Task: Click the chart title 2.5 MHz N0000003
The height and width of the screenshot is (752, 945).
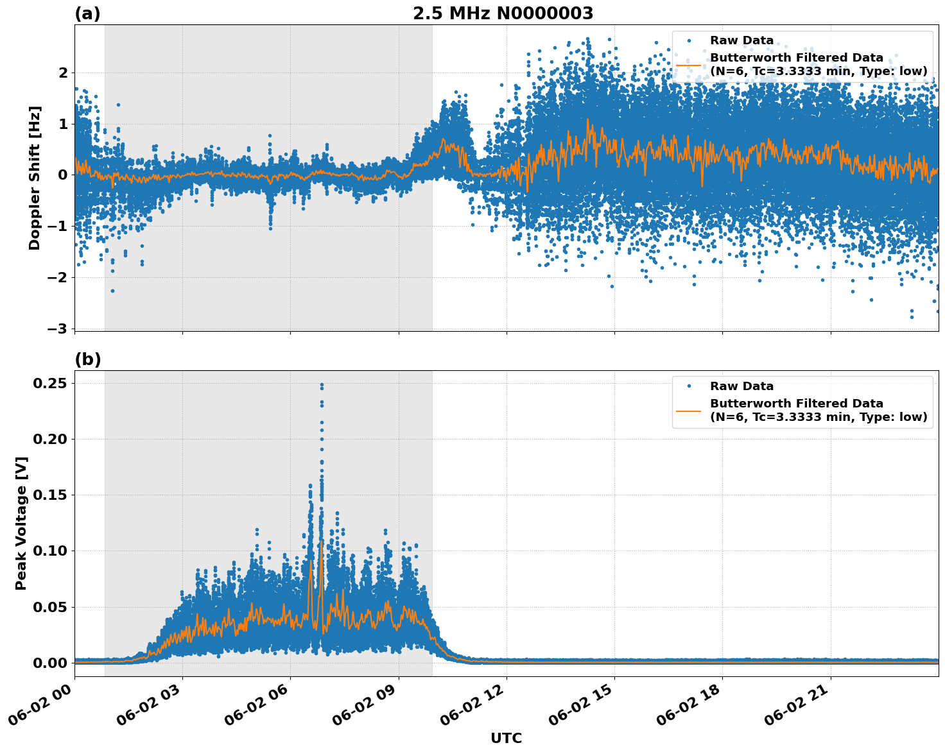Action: pyautogui.click(x=503, y=13)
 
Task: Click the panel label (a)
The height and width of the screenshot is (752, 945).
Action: pyautogui.click(x=87, y=13)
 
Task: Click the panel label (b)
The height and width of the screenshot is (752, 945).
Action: pyautogui.click(x=87, y=359)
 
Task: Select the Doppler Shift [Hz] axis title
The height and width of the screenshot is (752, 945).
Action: pyautogui.click(x=35, y=178)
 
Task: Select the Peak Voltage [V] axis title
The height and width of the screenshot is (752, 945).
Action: pyautogui.click(x=21, y=523)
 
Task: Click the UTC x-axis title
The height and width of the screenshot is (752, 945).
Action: pyautogui.click(x=506, y=738)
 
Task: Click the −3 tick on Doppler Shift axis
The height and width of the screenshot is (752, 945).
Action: pyautogui.click(x=57, y=329)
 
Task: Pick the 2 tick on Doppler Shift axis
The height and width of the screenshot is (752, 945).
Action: pyautogui.click(x=63, y=73)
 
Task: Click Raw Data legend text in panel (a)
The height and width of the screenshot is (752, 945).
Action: pyautogui.click(x=741, y=40)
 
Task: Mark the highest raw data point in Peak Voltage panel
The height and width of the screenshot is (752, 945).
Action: pyautogui.click(x=322, y=385)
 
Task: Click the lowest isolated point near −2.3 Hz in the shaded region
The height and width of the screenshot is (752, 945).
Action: pyautogui.click(x=112, y=291)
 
